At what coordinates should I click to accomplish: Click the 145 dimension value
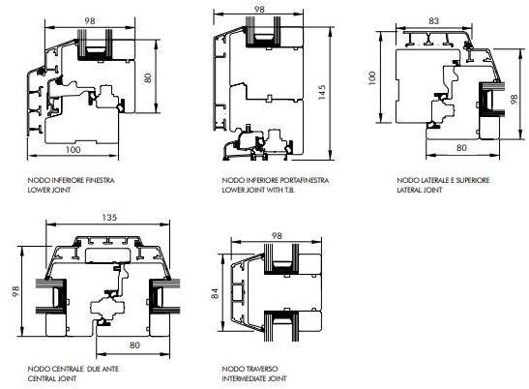pyautogui.click(x=321, y=92)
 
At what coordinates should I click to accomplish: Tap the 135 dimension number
pyautogui.click(x=109, y=218)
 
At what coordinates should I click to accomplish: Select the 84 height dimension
pyautogui.click(x=215, y=293)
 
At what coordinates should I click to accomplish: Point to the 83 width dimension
pyautogui.click(x=433, y=21)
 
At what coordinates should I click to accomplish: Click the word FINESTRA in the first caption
pyautogui.click(x=101, y=180)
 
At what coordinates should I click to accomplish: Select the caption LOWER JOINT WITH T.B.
pyautogui.click(x=258, y=190)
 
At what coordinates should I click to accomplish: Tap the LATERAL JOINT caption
pyautogui.click(x=420, y=190)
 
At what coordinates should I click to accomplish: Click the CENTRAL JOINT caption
pyautogui.click(x=52, y=378)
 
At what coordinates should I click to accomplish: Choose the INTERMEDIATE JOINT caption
pyautogui.click(x=254, y=378)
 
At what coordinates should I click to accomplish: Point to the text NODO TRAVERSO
pyautogui.click(x=250, y=369)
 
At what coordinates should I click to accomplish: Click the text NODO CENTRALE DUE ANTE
pyautogui.click(x=73, y=369)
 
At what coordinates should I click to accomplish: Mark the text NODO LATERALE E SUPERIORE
pyautogui.click(x=443, y=180)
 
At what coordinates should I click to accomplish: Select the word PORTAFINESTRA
pyautogui.click(x=305, y=180)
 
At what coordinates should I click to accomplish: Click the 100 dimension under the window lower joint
pyautogui.click(x=73, y=149)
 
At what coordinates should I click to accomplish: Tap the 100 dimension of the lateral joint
pyautogui.click(x=371, y=78)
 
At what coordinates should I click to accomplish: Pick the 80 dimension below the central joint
pyautogui.click(x=134, y=344)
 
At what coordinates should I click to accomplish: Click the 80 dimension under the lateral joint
pyautogui.click(x=461, y=147)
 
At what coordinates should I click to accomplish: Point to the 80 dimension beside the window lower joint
pyautogui.click(x=148, y=78)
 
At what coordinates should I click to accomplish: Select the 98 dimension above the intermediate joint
pyautogui.click(x=277, y=236)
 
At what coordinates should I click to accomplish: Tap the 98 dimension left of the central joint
pyautogui.click(x=15, y=291)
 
